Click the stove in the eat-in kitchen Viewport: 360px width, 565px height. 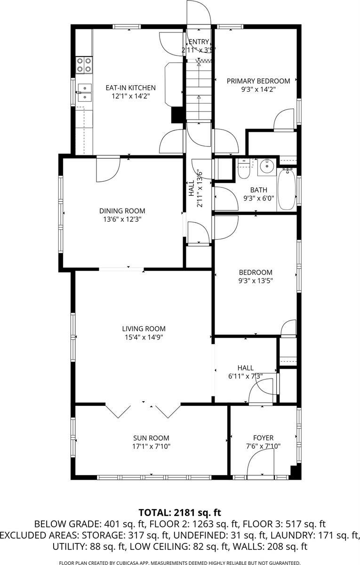point(84,65)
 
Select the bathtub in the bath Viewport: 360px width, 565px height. point(286,189)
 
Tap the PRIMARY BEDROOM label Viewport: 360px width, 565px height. point(258,81)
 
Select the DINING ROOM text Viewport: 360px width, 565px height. point(122,211)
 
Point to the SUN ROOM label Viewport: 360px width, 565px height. point(151,437)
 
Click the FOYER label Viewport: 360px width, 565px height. point(263,437)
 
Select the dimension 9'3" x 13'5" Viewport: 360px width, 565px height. point(256,280)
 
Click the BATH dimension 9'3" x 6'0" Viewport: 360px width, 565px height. point(258,198)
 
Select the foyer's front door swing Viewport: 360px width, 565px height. point(261,462)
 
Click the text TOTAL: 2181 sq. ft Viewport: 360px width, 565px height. point(180,512)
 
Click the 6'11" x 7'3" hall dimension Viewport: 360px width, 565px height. point(245,376)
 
